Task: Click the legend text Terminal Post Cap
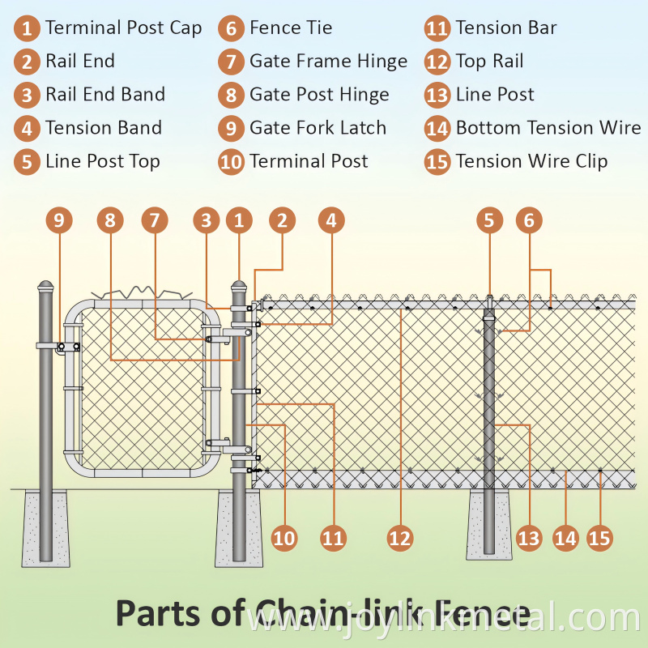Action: point(123,28)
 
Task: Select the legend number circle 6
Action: point(231,29)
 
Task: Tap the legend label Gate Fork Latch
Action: point(318,128)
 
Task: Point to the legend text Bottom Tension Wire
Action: point(548,128)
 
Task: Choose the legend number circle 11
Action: point(437,29)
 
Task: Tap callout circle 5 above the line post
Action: point(488,220)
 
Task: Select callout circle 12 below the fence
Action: point(400,537)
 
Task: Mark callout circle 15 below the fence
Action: point(600,537)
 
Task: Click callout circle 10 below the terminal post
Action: point(284,537)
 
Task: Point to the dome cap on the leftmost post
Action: point(45,287)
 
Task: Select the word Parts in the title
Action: point(157,613)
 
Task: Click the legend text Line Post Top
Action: point(102,161)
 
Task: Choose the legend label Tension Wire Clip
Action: point(531,161)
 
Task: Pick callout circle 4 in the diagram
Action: point(331,220)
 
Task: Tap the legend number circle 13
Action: point(437,96)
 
